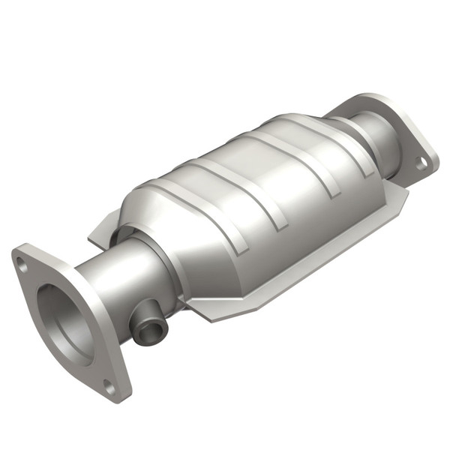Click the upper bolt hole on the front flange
tap(23, 265)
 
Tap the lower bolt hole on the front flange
tap(109, 388)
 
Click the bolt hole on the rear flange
tap(421, 160)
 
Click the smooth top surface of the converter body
tap(247, 165)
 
